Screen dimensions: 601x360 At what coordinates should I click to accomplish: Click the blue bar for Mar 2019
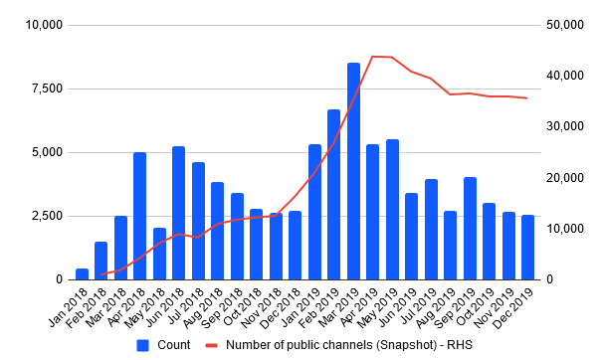[353, 171]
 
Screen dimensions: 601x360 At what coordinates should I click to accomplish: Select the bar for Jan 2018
[82, 274]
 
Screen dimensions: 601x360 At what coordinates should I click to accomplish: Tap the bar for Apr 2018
[140, 216]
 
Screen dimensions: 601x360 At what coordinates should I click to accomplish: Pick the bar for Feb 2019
[334, 195]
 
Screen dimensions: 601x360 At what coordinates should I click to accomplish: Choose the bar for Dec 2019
[527, 248]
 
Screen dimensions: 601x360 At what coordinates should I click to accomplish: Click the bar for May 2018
[159, 254]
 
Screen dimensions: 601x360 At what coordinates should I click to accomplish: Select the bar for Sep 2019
[470, 229]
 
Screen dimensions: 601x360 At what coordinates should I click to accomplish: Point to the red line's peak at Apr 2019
[372, 57]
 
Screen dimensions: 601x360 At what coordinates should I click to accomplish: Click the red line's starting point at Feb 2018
[101, 274]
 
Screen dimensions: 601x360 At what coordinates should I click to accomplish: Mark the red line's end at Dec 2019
[527, 98]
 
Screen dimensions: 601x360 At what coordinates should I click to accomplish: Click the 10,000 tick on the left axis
[44, 25]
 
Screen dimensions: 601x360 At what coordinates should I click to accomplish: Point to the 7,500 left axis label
[47, 89]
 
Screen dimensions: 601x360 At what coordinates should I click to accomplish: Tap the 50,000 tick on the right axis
[565, 25]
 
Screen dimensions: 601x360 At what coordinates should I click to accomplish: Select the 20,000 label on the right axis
[565, 178]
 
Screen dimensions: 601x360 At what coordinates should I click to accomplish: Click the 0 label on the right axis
[550, 279]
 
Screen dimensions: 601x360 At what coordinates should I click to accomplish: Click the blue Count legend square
[142, 345]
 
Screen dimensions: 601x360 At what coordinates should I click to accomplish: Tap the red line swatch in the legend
[212, 345]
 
